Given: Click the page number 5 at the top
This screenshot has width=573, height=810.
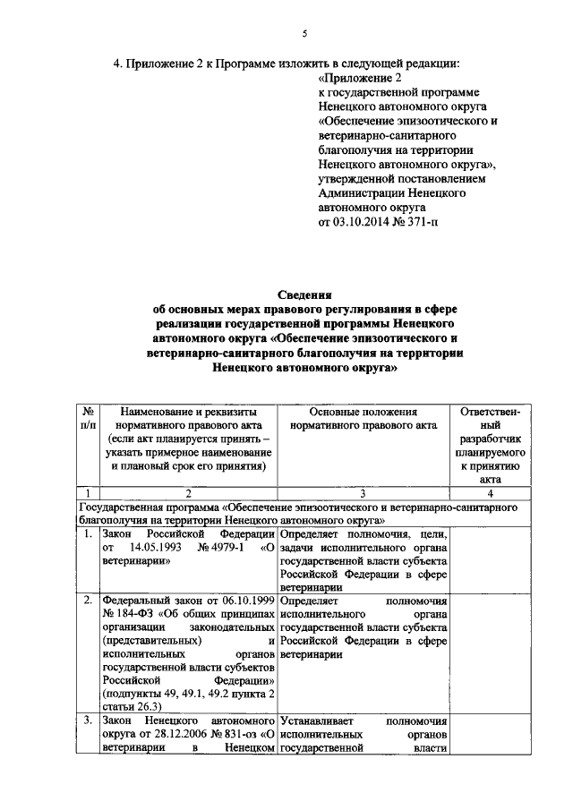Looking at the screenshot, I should tap(304, 34).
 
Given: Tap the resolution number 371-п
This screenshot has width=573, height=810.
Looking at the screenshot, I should tap(426, 222).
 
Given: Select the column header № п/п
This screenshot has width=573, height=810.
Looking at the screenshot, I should tap(88, 417).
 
